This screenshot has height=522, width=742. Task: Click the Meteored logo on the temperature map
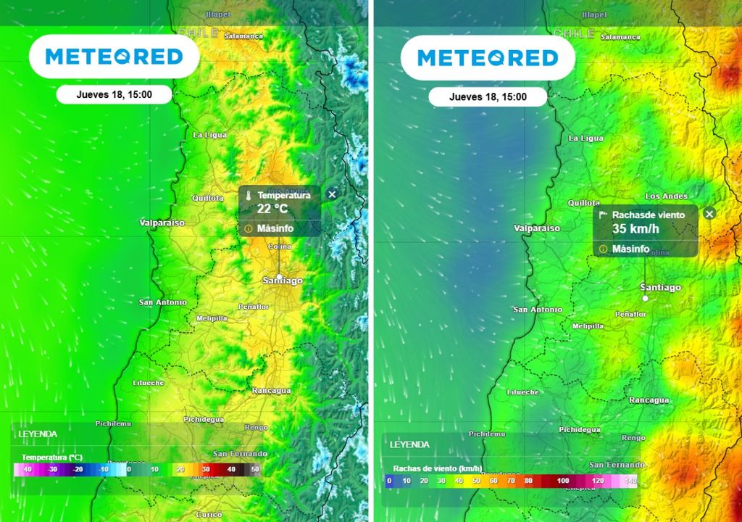(114, 57)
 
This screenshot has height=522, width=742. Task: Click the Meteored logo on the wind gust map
(487, 57)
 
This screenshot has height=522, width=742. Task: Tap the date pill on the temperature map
(114, 94)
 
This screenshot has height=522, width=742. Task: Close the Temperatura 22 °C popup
(332, 194)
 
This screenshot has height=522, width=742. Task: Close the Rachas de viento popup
(709, 213)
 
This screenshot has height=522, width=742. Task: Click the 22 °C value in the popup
(272, 209)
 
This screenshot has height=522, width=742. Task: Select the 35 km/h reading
(635, 229)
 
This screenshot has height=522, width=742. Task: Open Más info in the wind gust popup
(630, 249)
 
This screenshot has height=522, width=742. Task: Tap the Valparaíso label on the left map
(162, 223)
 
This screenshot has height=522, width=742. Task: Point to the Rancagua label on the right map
(649, 400)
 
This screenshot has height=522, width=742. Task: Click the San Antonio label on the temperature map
(162, 302)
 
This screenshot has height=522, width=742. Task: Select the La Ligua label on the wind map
(585, 138)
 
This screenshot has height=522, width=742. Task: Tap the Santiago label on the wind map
(660, 288)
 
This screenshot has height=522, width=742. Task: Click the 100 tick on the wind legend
(563, 481)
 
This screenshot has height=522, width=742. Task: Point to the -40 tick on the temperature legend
(26, 470)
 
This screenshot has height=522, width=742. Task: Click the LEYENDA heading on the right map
(409, 444)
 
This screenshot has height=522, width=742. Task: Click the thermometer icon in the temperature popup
(248, 196)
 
